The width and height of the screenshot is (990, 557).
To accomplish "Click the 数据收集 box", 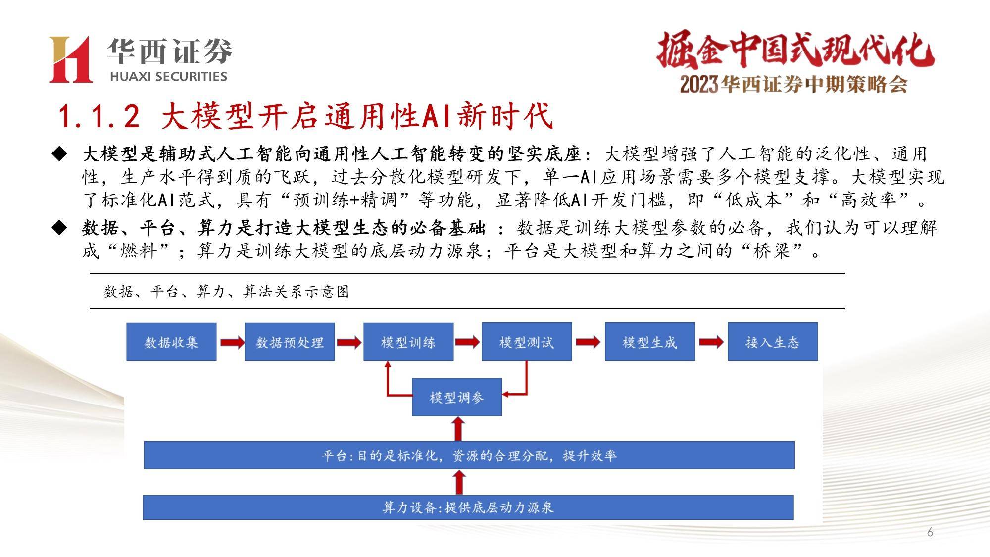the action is click(171, 342).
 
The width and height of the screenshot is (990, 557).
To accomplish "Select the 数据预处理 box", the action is click(290, 342).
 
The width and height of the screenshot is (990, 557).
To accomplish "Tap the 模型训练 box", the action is click(408, 342).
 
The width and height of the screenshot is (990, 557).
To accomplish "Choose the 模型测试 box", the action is click(527, 342).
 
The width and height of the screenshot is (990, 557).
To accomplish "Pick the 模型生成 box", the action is click(650, 342).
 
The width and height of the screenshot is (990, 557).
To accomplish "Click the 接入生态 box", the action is click(773, 342).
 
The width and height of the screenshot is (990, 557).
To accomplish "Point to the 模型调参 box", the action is click(457, 397).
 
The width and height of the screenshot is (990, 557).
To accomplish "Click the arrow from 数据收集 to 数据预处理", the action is click(232, 342).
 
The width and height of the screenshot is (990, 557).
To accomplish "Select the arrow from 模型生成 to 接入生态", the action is click(711, 342).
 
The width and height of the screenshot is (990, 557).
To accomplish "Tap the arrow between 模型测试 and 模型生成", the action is click(588, 342).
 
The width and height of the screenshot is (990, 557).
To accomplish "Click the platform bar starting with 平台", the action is click(469, 455).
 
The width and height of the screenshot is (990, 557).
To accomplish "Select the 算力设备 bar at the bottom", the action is click(468, 507).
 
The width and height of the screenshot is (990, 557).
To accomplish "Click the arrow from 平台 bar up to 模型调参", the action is click(459, 428).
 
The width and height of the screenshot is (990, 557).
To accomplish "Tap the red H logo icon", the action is click(71, 59).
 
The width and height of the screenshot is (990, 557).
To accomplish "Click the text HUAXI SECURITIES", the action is click(168, 77).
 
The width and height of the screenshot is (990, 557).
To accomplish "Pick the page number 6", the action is click(930, 532).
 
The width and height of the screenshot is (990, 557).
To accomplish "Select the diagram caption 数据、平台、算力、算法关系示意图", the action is click(226, 291).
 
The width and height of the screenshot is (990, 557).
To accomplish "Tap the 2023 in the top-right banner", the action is click(698, 85).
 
